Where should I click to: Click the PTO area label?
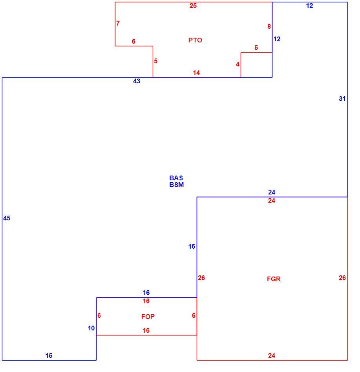[x=195, y=40]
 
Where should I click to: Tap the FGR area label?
[x=274, y=279]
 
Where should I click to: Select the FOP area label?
[x=148, y=317]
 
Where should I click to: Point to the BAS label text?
[x=176, y=178]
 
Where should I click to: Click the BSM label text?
[x=176, y=185]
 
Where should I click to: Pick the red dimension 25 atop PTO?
[x=193, y=5]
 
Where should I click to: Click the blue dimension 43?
[x=137, y=81]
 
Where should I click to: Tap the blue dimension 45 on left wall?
[x=7, y=218]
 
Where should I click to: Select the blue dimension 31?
[x=342, y=99]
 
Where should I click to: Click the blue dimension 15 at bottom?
[x=49, y=356]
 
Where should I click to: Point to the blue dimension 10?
[x=91, y=328]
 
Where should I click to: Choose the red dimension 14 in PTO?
[x=196, y=73]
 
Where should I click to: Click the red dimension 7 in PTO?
[x=118, y=23]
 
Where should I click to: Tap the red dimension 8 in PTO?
[x=269, y=26]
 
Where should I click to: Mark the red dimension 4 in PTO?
[x=238, y=64]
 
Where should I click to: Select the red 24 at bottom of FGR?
[x=272, y=356]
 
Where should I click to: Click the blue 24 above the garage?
[x=272, y=192]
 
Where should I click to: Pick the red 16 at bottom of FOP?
[x=146, y=330]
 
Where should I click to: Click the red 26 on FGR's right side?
[x=342, y=278]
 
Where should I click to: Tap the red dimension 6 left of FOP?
[x=99, y=315]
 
